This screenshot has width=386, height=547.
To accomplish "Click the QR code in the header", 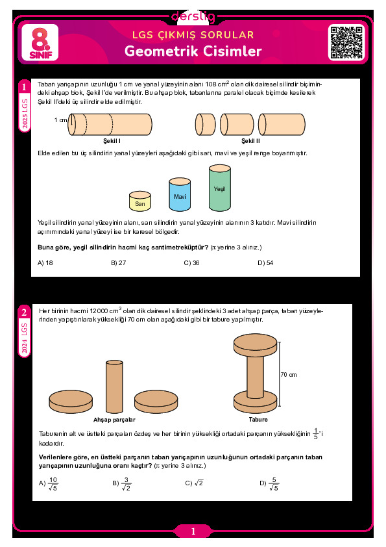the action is [x=346, y=43].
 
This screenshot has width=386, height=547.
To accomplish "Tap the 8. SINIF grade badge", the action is [x=40, y=43].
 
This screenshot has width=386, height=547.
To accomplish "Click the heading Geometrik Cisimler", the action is [x=193, y=51].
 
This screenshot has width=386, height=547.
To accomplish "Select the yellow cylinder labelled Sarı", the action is [x=140, y=201].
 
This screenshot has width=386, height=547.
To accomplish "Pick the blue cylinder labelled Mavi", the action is [x=180, y=195].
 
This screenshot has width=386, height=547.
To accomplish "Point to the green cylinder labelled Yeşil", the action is [x=220, y=188].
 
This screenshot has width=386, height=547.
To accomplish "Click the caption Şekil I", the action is [x=112, y=140].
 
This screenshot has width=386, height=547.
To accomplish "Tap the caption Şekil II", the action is [x=250, y=140].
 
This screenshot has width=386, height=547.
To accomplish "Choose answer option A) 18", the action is [x=45, y=262].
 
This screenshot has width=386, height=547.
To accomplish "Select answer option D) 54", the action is [x=265, y=262].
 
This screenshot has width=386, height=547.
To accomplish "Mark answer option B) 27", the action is [x=119, y=262].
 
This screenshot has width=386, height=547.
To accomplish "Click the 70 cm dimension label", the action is [x=289, y=375].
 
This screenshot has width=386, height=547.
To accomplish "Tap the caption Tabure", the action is [x=258, y=419].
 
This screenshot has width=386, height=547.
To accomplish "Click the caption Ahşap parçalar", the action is [x=114, y=420].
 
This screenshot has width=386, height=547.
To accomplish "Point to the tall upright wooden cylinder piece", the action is [x=114, y=387].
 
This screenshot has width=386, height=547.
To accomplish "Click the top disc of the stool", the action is [x=256, y=344].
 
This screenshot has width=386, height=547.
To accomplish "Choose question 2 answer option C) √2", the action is [x=194, y=483].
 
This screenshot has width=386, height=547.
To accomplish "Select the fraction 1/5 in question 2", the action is [x=316, y=433].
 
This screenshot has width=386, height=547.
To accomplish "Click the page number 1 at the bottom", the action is [x=193, y=531].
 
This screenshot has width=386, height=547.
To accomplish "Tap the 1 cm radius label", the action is [x=60, y=120].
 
